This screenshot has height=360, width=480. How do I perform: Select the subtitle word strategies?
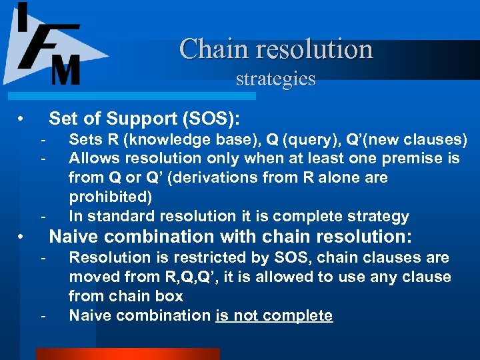275,79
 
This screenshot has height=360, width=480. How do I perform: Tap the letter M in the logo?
65,69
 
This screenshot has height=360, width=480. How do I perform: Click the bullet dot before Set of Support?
22,119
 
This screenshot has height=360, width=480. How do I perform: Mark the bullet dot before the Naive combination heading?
22,237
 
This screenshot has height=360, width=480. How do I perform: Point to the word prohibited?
110,197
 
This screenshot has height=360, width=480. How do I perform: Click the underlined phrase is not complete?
274,315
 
